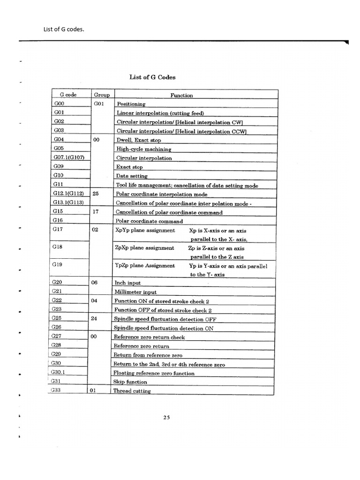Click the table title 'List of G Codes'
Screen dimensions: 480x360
(152, 77)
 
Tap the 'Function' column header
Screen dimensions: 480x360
(181, 95)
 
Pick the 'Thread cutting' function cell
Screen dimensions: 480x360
(132, 391)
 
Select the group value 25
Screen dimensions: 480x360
(95, 194)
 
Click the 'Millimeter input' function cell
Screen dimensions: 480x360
(135, 292)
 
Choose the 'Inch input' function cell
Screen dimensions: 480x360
(127, 283)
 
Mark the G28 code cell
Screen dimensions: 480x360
(57, 346)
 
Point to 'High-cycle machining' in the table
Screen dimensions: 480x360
(144, 149)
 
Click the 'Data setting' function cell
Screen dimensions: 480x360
(132, 176)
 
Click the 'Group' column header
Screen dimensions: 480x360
(102, 95)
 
